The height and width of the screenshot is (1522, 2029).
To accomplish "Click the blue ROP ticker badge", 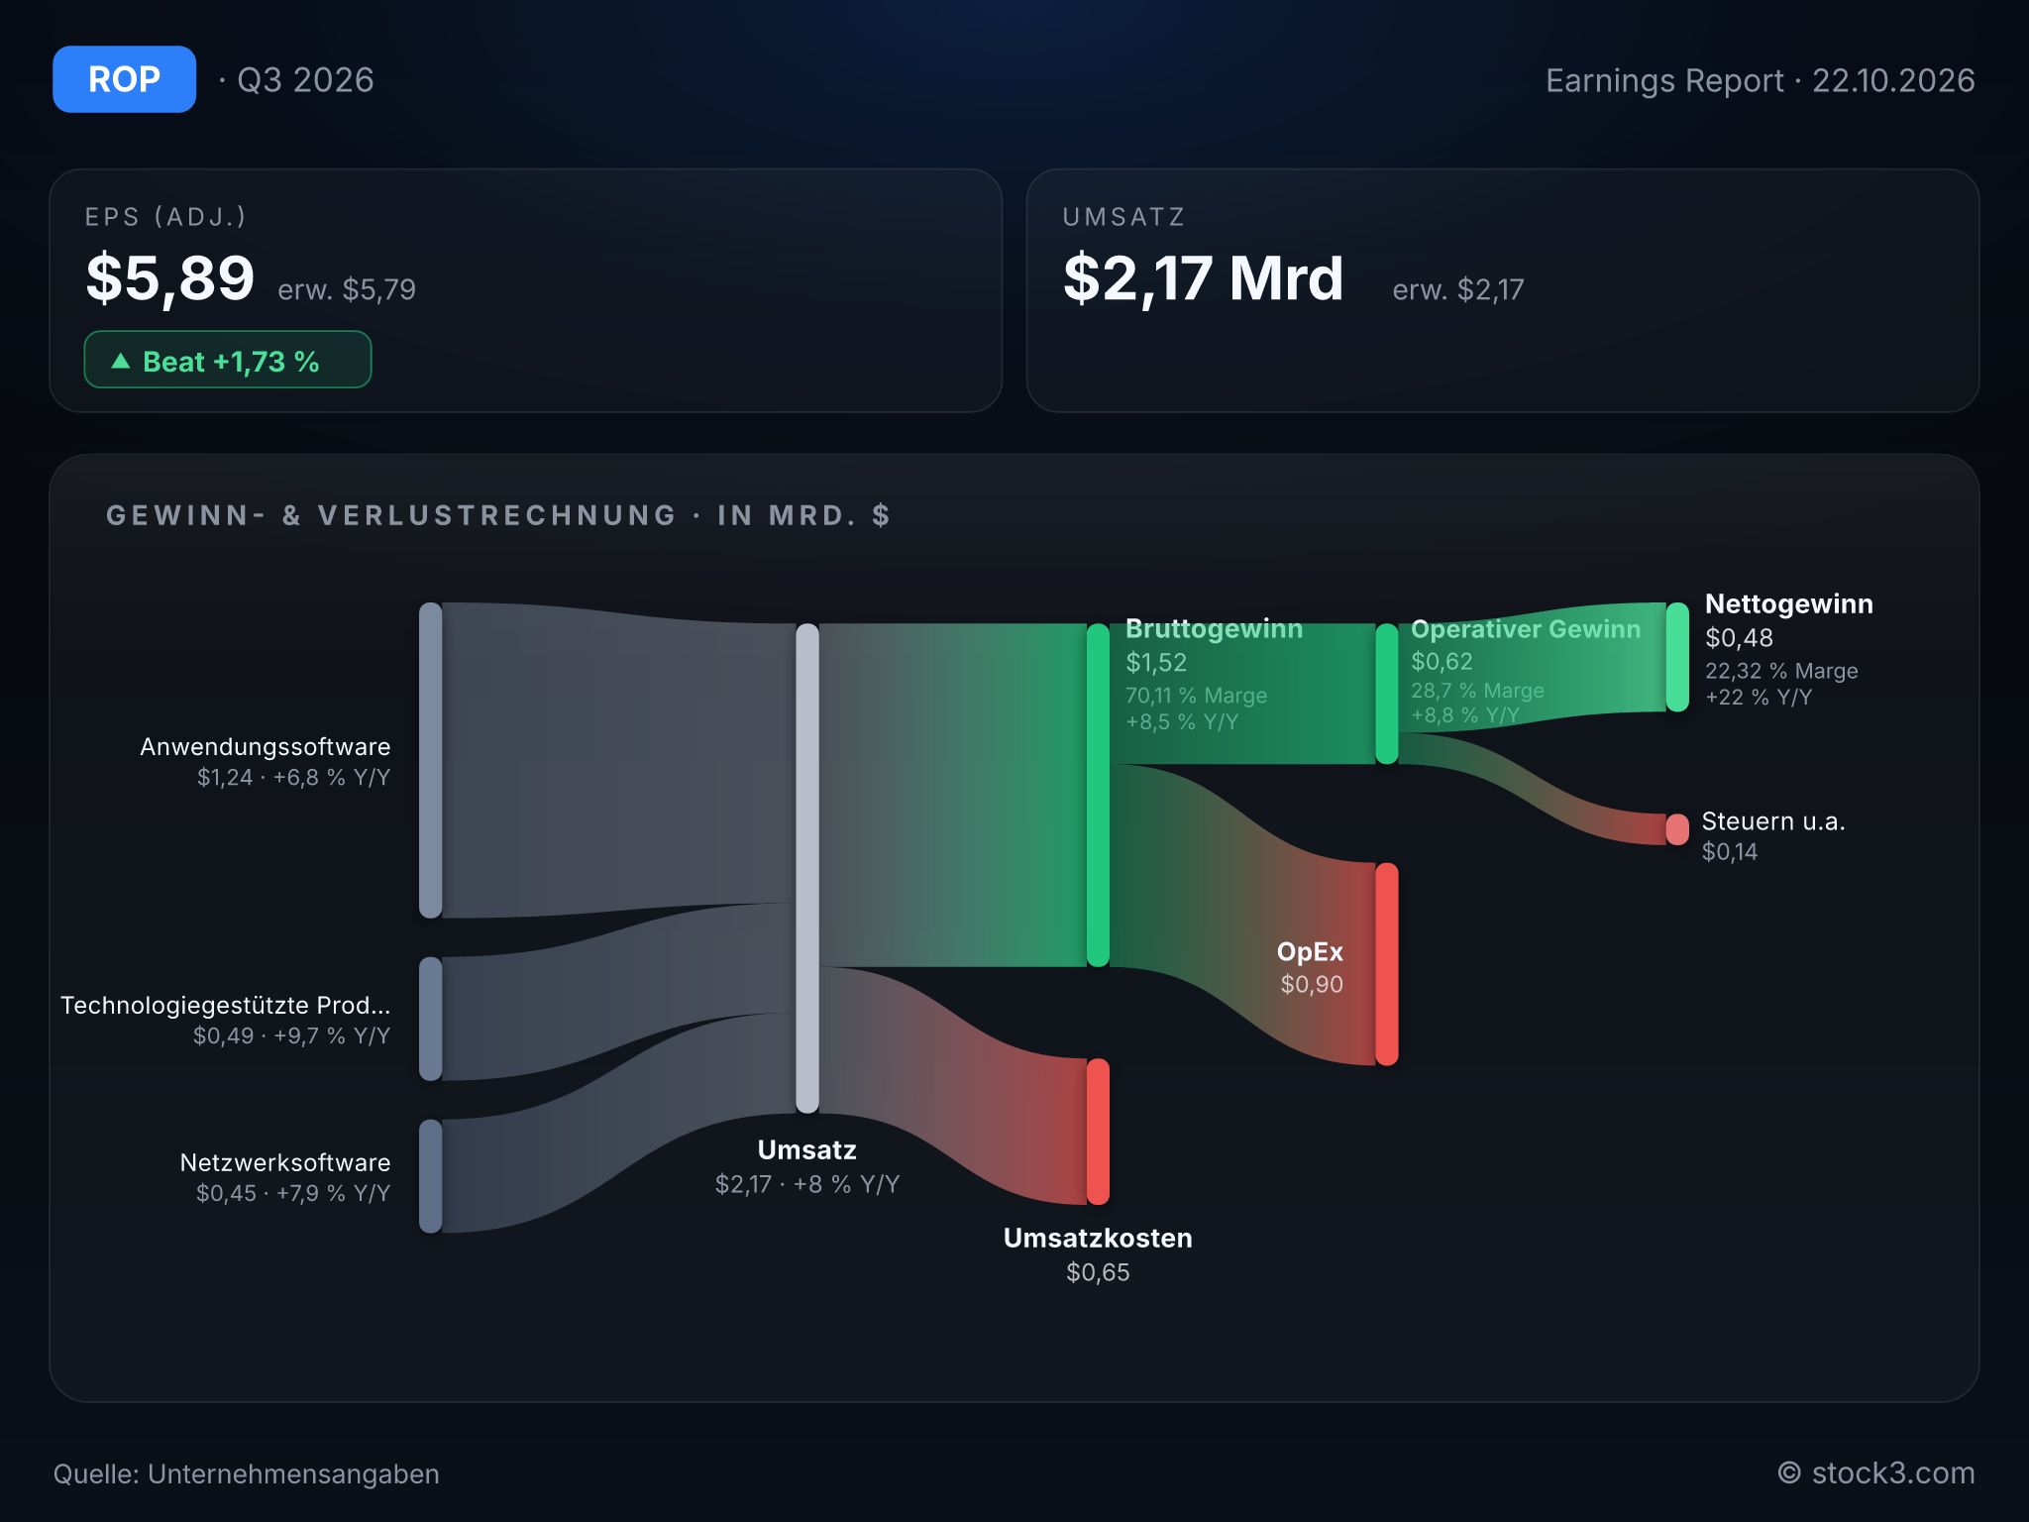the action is (x=124, y=79).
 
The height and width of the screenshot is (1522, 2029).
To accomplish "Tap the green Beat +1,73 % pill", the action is (x=228, y=360).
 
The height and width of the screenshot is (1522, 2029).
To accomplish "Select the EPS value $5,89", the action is (x=170, y=278).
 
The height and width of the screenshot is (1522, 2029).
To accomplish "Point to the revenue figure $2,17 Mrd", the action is (x=1203, y=278).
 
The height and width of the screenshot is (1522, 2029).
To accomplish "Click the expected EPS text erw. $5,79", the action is (x=347, y=289).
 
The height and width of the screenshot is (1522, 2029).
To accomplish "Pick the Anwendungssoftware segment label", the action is (x=266, y=746).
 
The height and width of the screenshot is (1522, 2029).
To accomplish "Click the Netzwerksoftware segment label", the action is (x=285, y=1162).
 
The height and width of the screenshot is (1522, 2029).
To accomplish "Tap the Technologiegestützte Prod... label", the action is (x=226, y=1005).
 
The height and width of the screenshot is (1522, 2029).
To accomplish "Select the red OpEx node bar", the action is (x=1387, y=964).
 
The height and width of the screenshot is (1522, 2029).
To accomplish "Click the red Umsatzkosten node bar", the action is (x=1098, y=1132).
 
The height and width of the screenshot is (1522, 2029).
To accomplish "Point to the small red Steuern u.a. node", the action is (x=1677, y=829).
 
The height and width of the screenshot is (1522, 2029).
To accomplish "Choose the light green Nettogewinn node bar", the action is (x=1677, y=657).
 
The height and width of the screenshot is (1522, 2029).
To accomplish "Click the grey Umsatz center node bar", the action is (x=807, y=868).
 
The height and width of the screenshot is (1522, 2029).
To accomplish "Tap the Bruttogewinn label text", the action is (x=1214, y=629).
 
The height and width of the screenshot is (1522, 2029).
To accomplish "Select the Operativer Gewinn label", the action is (x=1526, y=629).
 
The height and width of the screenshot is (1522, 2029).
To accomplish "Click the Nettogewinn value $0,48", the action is (x=1739, y=638).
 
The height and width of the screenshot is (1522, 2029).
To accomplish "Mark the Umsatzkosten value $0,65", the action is (x=1098, y=1272).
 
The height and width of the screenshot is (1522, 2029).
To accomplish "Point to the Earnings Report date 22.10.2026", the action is (x=1893, y=80).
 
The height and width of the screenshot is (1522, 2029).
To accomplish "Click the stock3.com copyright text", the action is (x=1876, y=1473).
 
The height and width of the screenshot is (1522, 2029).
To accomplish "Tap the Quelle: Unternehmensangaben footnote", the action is (x=247, y=1474).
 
